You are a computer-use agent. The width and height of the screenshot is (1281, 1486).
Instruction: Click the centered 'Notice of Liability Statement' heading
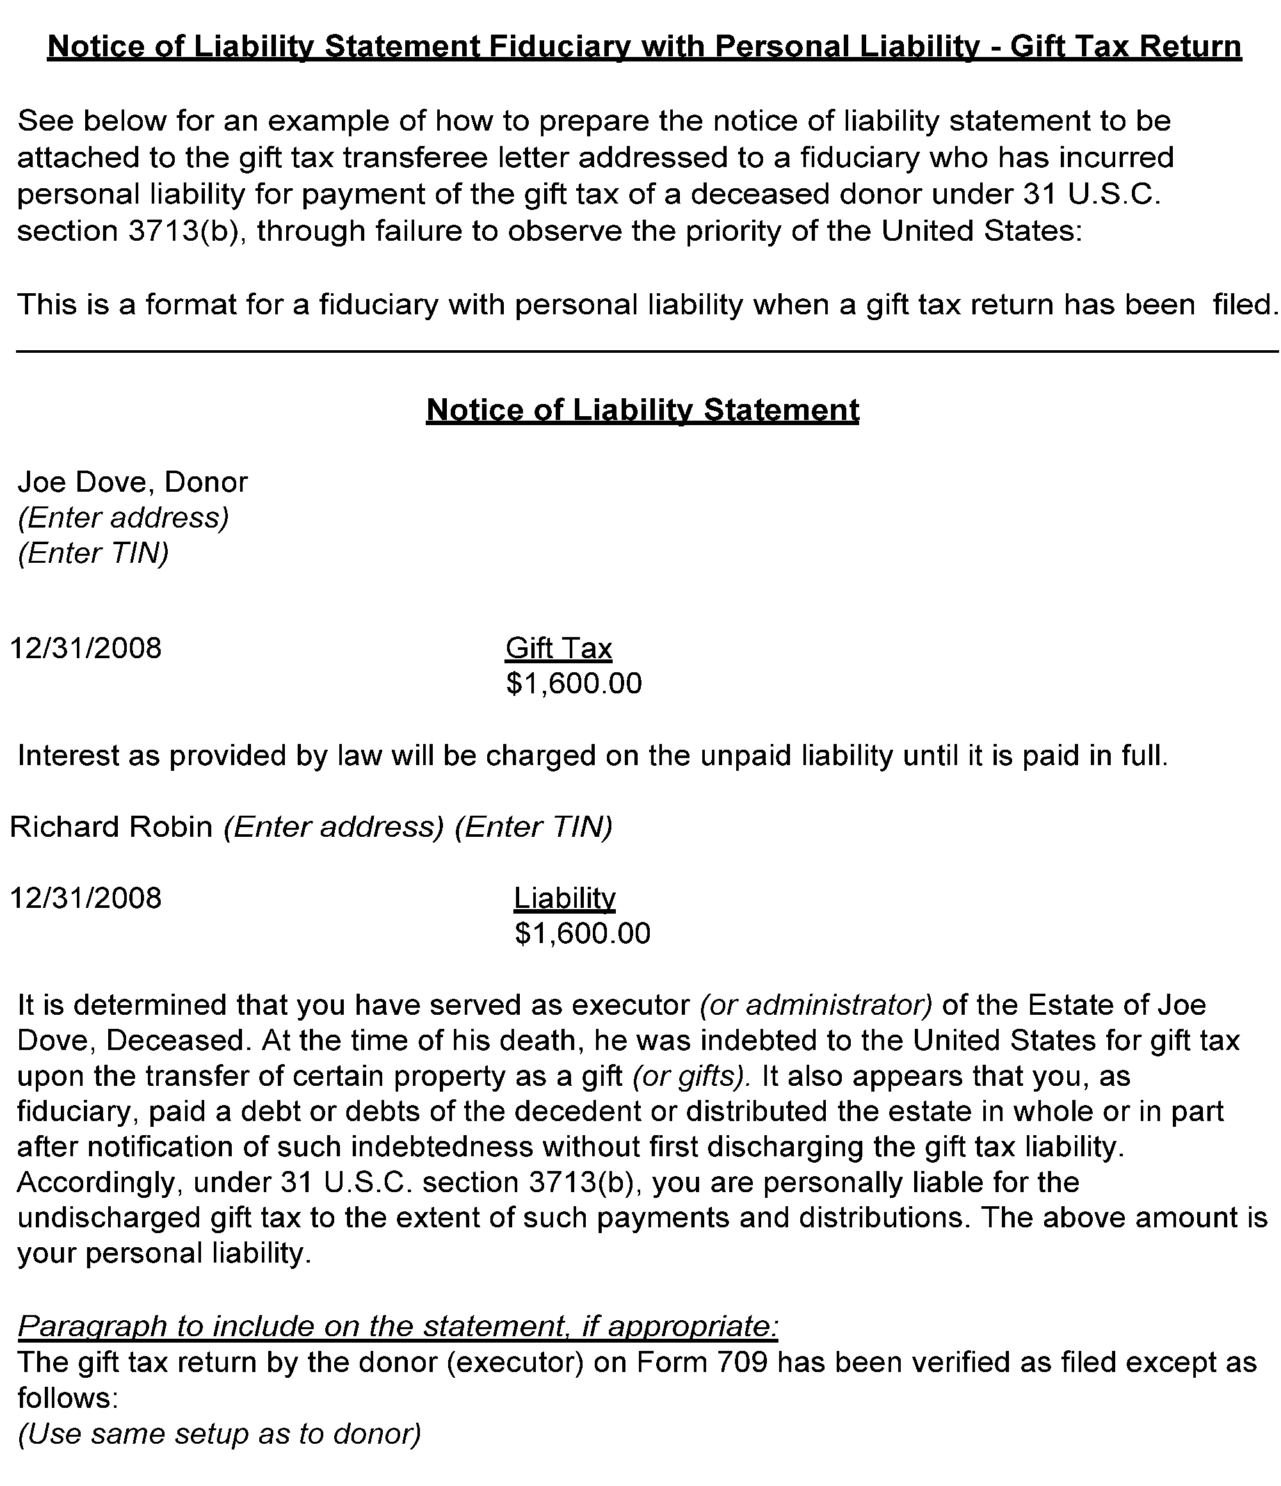pyautogui.click(x=642, y=410)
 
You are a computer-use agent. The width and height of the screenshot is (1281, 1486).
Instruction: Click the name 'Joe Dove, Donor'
pyautogui.click(x=133, y=482)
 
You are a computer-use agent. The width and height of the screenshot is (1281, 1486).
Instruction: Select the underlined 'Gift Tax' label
pyautogui.click(x=559, y=649)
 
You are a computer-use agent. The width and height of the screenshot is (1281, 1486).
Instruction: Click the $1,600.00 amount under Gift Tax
pyautogui.click(x=574, y=684)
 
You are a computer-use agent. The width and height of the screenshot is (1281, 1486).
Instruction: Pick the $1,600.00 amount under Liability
pyautogui.click(x=583, y=933)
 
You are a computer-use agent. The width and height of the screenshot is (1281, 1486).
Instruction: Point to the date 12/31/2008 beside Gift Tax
pyautogui.click(x=86, y=649)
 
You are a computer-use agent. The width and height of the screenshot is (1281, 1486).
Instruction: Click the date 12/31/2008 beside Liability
pyautogui.click(x=86, y=898)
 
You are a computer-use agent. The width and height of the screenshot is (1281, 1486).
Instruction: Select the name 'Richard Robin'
pyautogui.click(x=111, y=827)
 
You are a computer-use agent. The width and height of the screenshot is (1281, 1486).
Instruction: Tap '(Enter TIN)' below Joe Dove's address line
pyautogui.click(x=93, y=553)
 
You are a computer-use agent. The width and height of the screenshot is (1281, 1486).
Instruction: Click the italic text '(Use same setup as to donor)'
pyautogui.click(x=219, y=1433)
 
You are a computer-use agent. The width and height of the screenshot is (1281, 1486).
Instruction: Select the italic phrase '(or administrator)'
pyautogui.click(x=816, y=1005)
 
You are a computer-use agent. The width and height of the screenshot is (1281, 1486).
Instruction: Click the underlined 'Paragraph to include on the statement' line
pyautogui.click(x=398, y=1326)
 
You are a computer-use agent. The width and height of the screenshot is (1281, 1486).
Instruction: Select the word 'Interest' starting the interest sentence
pyautogui.click(x=68, y=756)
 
